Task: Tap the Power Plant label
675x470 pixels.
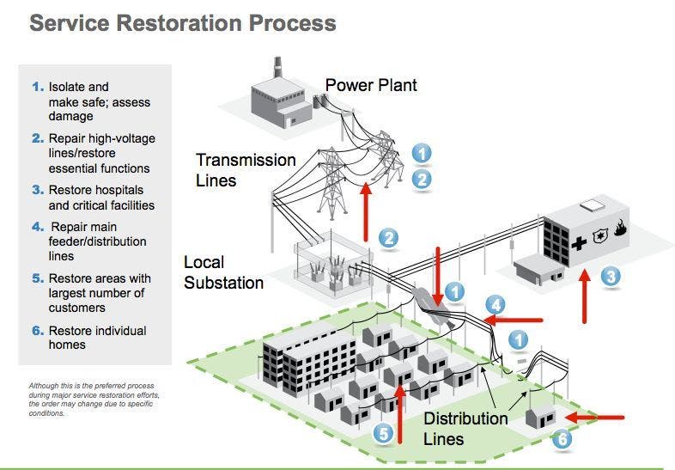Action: [371, 85]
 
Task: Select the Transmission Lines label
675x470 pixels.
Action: [246, 170]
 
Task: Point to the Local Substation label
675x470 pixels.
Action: [223, 272]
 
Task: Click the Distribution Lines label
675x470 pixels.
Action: [465, 429]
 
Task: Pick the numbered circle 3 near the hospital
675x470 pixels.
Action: [610, 277]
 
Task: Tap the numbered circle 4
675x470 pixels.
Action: [496, 304]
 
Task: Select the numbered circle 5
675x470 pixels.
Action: [384, 434]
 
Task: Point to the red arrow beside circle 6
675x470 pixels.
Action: [598, 418]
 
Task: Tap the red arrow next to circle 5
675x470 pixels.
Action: [401, 413]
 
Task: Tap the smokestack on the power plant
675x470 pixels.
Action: [277, 68]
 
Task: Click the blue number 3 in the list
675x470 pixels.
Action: [37, 190]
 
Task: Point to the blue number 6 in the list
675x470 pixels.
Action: [37, 331]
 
